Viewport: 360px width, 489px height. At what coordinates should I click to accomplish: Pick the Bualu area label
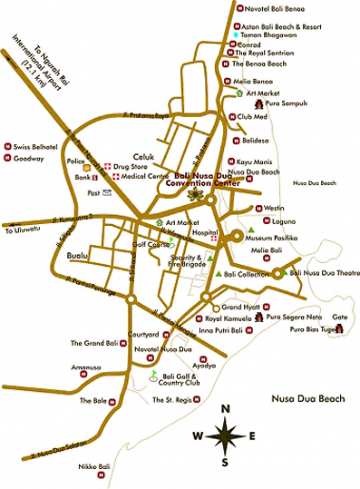pos(79,257)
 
